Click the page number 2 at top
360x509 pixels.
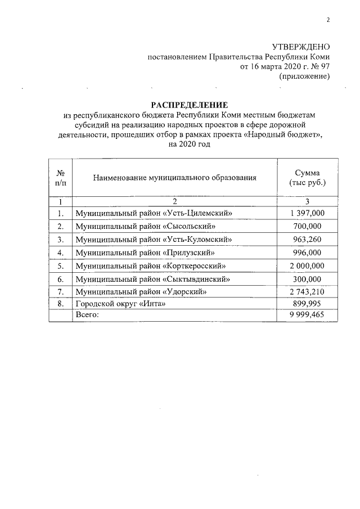pyautogui.click(x=328, y=21)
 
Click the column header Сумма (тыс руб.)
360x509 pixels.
pyautogui.click(x=307, y=178)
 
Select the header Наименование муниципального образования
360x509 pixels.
pyautogui.click(x=174, y=177)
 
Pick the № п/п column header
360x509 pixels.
pyautogui.click(x=60, y=178)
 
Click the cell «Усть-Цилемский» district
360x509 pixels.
pyautogui.click(x=154, y=213)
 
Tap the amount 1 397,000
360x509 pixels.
pyautogui.click(x=307, y=213)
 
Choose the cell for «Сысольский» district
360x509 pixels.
pyautogui.click(x=146, y=226)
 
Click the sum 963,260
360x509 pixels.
pyautogui.click(x=307, y=240)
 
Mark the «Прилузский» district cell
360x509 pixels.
pyautogui.click(x=147, y=253)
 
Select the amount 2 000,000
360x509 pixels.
pyautogui.click(x=307, y=265)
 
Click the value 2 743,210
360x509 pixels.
pyautogui.click(x=307, y=292)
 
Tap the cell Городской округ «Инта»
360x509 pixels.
pyautogui.click(x=121, y=304)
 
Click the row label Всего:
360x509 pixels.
pyautogui.click(x=87, y=315)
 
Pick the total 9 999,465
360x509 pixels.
pyautogui.click(x=307, y=315)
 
